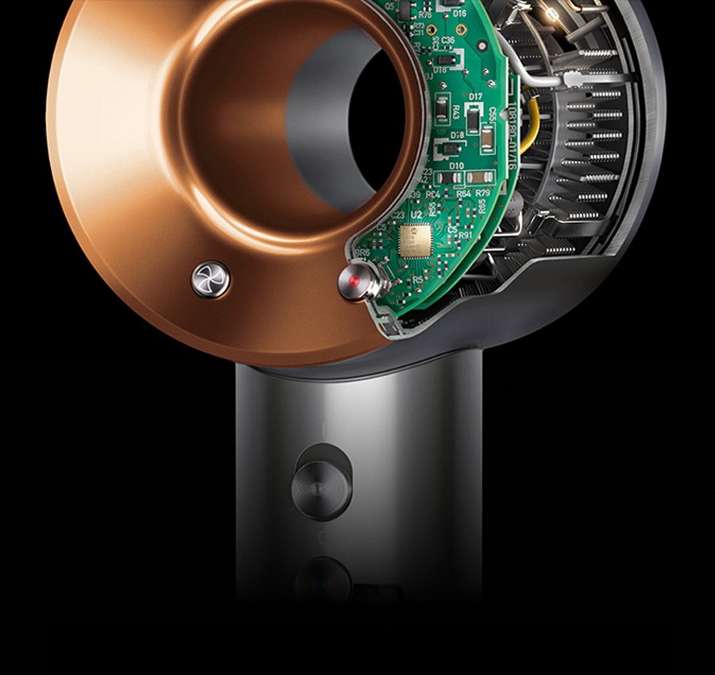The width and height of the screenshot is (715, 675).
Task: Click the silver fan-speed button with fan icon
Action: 211,280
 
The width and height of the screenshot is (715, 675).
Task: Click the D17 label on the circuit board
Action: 476,97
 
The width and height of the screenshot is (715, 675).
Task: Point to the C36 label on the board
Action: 448,40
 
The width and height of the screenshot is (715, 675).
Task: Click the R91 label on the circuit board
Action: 465,235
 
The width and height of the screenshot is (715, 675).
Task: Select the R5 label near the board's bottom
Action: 418,280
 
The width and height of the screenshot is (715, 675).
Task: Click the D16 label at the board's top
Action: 460,13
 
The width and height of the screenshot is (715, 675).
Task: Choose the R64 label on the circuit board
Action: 464,193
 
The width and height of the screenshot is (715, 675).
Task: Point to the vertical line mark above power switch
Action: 323,430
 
